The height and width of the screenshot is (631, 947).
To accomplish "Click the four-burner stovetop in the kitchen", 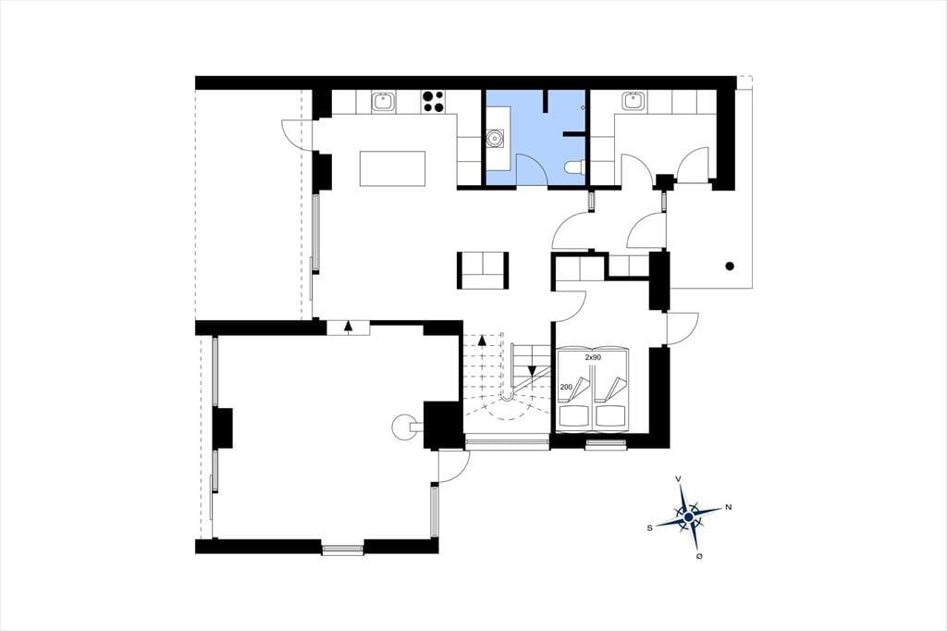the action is [x=433, y=102].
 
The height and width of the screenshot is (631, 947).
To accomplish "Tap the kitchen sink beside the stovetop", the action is [x=383, y=102].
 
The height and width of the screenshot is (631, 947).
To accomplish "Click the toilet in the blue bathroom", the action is [x=574, y=167].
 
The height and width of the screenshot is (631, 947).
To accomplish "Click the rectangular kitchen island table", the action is [x=392, y=168].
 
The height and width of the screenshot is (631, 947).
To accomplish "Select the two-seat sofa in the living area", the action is [x=483, y=270].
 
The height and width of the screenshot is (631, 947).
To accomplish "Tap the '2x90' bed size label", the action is [x=593, y=358].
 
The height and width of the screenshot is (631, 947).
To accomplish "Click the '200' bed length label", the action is [x=567, y=387].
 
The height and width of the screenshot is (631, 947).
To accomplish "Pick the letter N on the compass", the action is [x=729, y=507].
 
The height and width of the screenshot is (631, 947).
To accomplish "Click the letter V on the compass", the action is [x=679, y=478].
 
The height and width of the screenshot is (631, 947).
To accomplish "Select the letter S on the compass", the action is [x=650, y=527].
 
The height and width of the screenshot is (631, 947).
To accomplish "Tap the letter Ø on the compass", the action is [x=699, y=555].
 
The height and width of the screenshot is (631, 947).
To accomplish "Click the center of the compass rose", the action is [x=688, y=517].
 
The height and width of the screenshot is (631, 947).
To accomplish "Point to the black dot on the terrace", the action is [x=730, y=266].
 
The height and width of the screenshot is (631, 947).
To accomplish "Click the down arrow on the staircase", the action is [x=532, y=370].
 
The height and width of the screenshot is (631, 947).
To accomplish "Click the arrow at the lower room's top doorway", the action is [x=348, y=327].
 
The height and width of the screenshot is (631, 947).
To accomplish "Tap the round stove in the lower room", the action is [x=403, y=427].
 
